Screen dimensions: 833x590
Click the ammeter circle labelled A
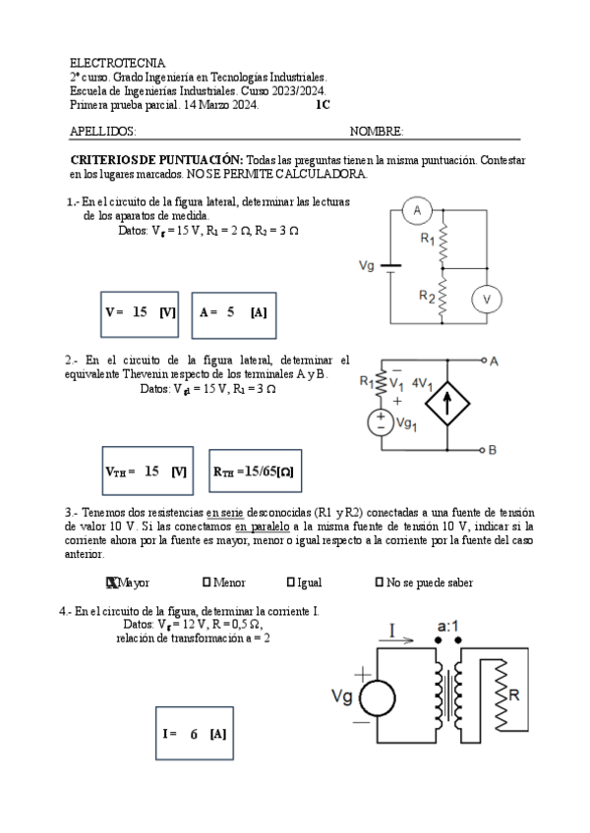click(x=417, y=211)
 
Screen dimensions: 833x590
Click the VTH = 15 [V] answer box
click(x=146, y=472)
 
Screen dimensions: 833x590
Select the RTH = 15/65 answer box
click(x=253, y=472)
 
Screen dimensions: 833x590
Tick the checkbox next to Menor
click(x=206, y=583)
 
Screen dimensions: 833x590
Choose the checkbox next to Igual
click(x=291, y=583)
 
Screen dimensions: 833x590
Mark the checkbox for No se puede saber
click(x=380, y=583)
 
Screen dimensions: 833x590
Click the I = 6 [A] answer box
click(x=194, y=734)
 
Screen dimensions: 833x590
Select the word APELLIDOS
click(x=103, y=132)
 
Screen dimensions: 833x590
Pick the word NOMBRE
click(x=377, y=132)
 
